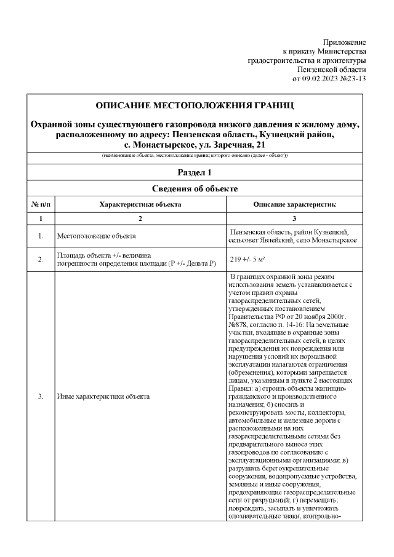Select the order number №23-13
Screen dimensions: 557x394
(355, 79)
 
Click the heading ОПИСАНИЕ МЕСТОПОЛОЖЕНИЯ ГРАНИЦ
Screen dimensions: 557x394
(195, 103)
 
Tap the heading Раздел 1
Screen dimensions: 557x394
(195, 173)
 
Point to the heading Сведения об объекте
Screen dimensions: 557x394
(195, 188)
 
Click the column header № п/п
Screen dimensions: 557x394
(40, 204)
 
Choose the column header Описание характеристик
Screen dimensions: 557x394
(295, 204)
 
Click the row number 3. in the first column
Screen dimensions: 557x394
(40, 396)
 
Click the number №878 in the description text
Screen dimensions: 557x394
(238, 324)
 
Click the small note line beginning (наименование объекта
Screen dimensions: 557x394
(195, 156)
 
